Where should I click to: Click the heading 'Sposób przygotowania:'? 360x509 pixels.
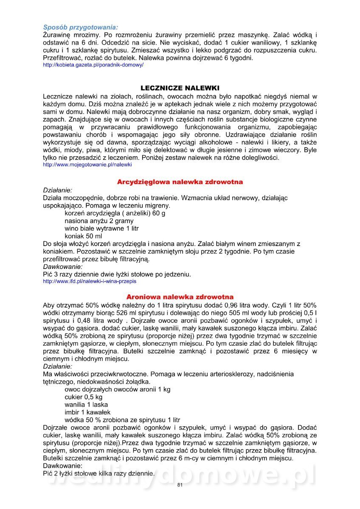pos(81,27)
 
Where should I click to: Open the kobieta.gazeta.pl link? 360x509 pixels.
pos(93,65)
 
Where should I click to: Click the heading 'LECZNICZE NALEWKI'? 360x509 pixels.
pos(180,88)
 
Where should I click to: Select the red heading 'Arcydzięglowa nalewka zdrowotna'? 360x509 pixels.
pos(180,182)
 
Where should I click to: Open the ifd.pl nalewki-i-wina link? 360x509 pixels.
pos(90,281)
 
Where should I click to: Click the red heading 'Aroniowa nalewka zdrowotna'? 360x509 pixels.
pos(180,297)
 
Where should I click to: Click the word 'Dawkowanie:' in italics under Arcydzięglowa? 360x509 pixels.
pos(63,267)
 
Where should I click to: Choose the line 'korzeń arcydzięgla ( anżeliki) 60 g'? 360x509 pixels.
pos(115,213)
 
